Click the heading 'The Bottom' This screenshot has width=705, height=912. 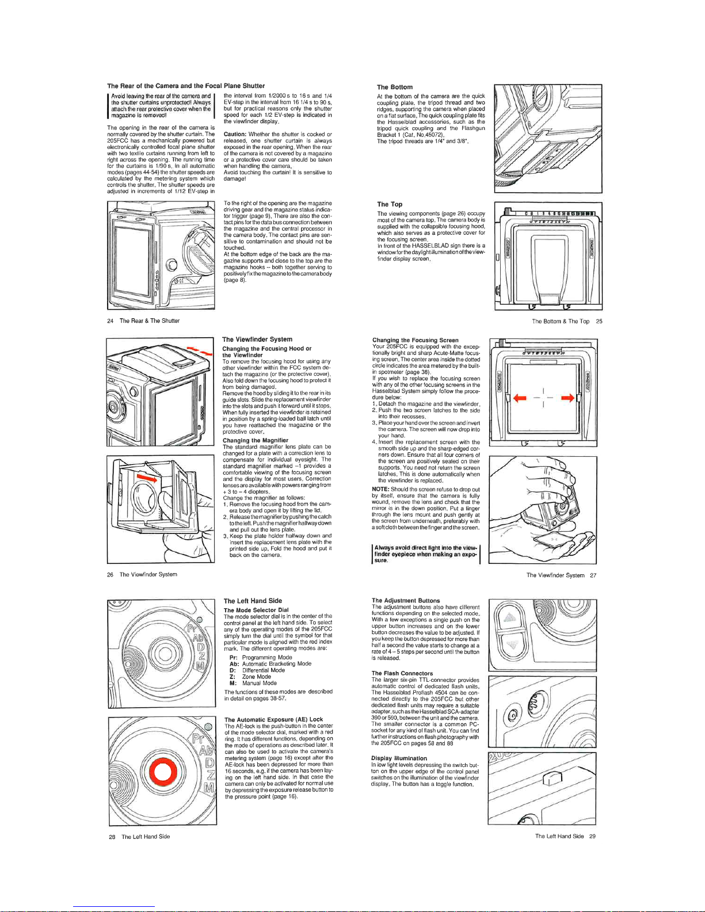394,87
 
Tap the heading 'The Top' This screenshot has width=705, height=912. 390,204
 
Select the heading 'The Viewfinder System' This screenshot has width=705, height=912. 257,339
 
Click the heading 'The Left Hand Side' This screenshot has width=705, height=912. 252,601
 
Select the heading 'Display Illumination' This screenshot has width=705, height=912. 399,758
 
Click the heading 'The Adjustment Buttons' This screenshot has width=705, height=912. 405,601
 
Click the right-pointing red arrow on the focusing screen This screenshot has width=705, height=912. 567,398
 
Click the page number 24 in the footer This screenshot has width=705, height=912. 110,321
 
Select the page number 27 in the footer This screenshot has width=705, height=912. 593,575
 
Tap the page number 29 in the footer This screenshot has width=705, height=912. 592,837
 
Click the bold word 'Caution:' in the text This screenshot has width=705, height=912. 235,134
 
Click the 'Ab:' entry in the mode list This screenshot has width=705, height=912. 234,663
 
